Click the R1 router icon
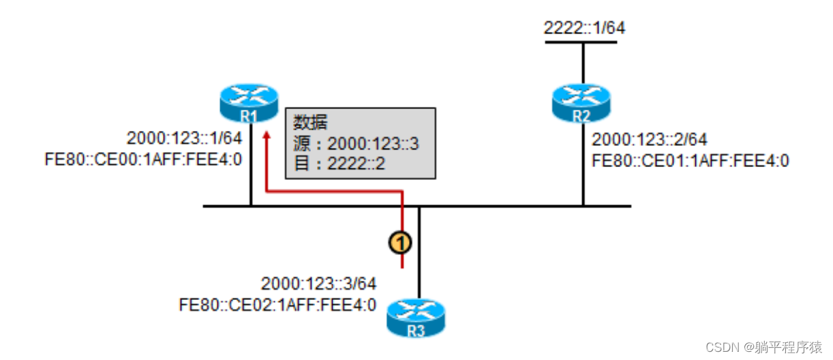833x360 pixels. point(249,102)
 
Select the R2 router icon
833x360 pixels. point(581,102)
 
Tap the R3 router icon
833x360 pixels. point(415,317)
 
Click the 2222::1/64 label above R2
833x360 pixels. point(584,28)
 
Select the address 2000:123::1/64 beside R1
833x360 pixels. point(184,138)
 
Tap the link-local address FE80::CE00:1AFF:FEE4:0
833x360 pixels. point(142,161)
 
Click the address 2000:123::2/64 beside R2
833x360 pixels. point(650,140)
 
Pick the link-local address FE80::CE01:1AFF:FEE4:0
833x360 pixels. point(691,162)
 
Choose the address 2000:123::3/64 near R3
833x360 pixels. point(318,283)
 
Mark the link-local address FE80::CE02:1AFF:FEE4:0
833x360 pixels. point(277,305)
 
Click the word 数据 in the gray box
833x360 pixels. point(311,123)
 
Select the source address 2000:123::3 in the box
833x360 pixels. point(372,144)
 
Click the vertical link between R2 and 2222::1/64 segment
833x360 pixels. point(583,63)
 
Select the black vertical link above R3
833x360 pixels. point(419,252)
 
